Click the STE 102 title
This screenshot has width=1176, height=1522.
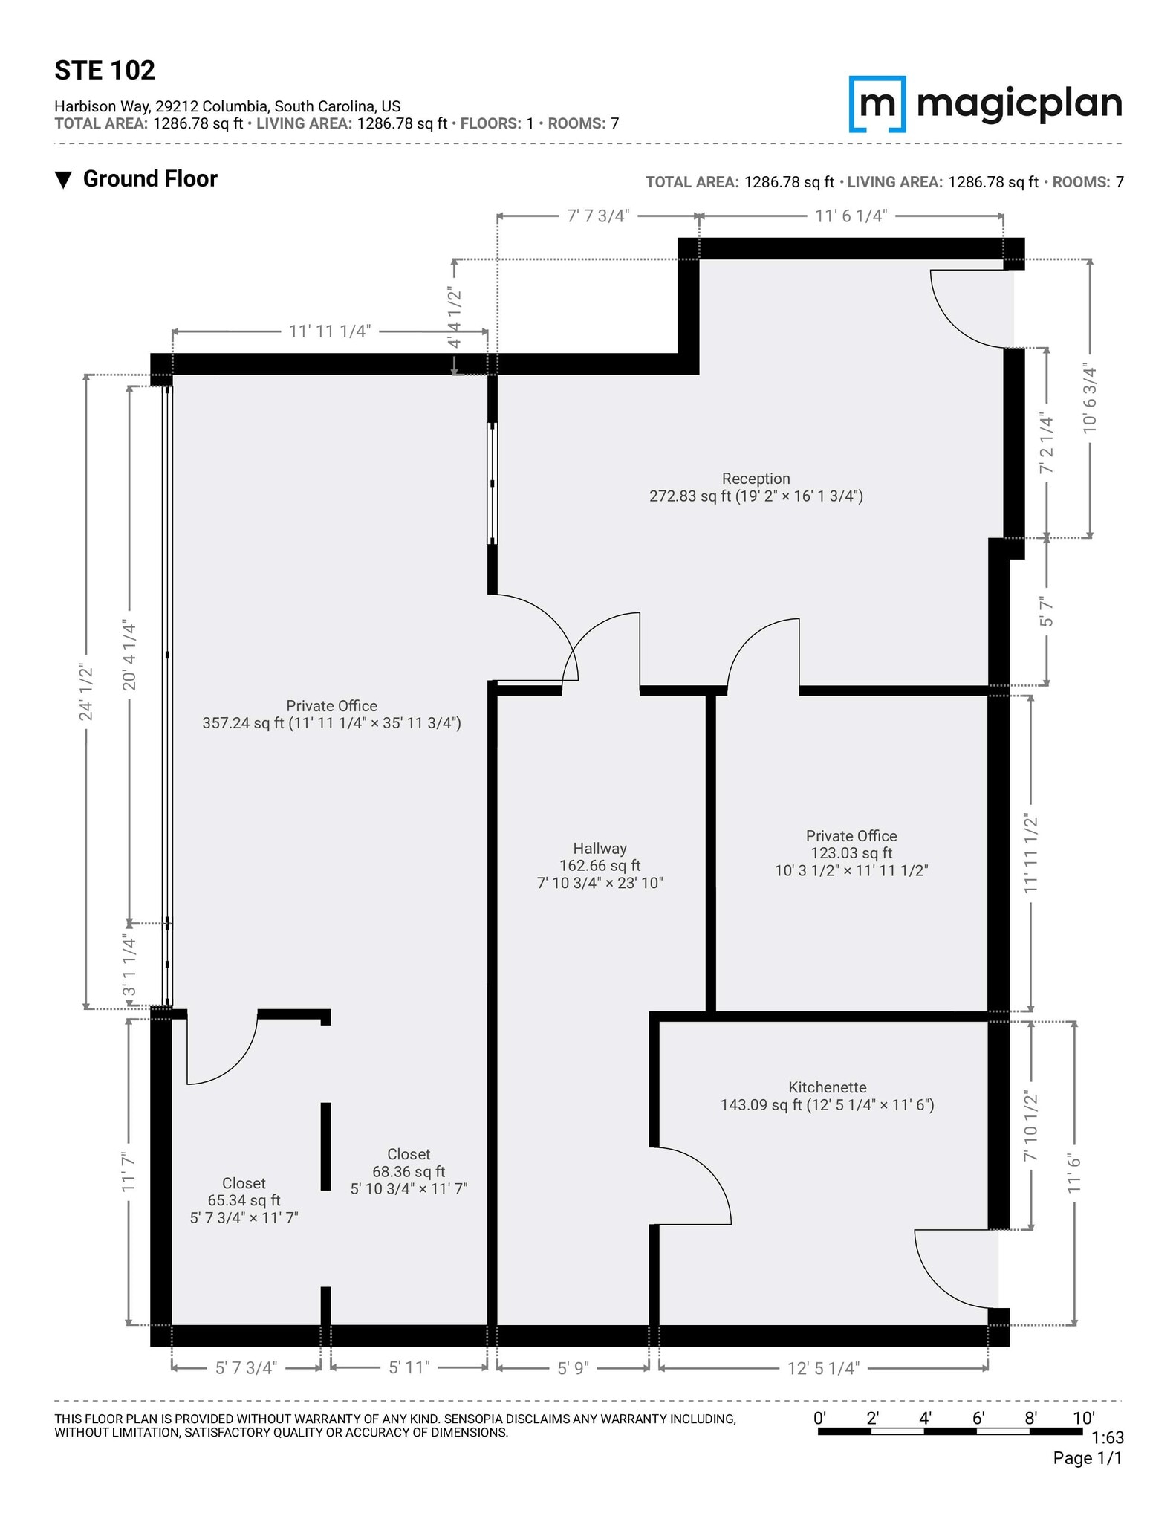point(105,71)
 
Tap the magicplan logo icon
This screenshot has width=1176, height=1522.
point(877,103)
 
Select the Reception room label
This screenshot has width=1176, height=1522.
point(756,488)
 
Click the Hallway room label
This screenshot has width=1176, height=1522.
point(600,865)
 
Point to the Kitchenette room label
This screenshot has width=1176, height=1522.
point(827,1096)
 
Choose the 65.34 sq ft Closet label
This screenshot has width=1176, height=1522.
point(244,1199)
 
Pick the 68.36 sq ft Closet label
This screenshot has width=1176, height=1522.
point(409,1170)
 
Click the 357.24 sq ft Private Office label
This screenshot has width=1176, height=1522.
point(331,714)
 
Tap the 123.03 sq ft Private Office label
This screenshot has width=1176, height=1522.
point(851,852)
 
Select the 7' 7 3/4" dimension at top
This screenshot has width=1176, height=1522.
point(598,216)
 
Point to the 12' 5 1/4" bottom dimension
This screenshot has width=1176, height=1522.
point(822,1368)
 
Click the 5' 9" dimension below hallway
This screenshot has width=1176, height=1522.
point(573,1368)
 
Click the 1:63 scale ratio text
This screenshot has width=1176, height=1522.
point(1108,1438)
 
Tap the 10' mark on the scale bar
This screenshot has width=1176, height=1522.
point(1082,1418)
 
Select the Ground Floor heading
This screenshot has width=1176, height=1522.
point(149,179)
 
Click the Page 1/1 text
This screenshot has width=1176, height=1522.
point(1087,1458)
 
